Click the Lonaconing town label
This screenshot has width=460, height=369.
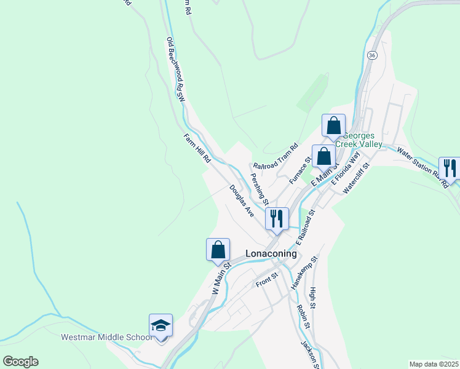[x=271, y=253]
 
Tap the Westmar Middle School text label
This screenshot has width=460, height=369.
[x=106, y=337]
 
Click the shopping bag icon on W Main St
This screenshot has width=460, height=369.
[x=218, y=250]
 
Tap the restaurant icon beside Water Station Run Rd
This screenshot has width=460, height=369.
[x=450, y=168]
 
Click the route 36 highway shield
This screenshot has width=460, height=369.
[x=371, y=55]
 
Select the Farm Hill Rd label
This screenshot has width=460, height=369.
[x=197, y=148]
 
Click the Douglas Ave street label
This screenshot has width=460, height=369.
[x=242, y=200]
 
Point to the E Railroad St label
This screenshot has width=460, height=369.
[x=305, y=225]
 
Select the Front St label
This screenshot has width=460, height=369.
[x=268, y=280]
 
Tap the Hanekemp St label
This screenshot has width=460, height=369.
[x=304, y=272]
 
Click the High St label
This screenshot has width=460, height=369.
[x=313, y=298]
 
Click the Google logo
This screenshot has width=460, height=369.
[x=20, y=362]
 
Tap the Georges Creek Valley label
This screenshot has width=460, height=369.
[x=363, y=140]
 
